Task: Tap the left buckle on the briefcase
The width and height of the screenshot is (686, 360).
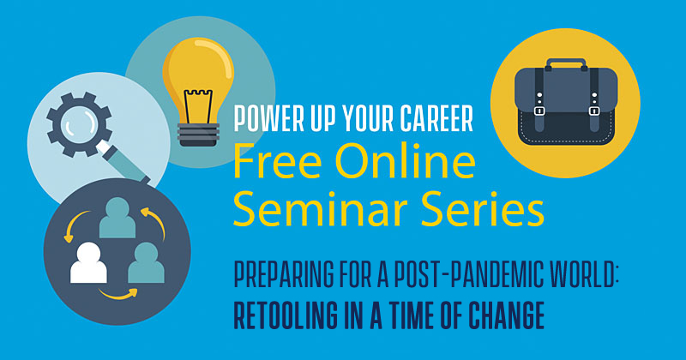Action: point(539,109)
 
